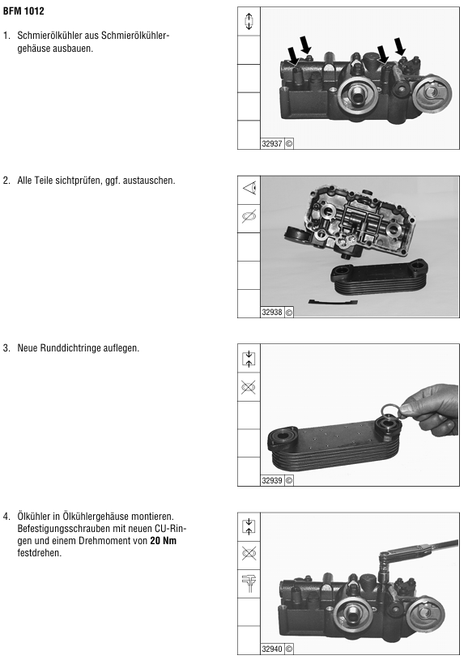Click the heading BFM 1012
point(23,11)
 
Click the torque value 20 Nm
point(163,541)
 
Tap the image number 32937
point(272,143)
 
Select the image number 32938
point(272,312)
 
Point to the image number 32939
point(272,480)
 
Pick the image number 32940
point(272,649)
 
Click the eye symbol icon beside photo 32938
point(249,188)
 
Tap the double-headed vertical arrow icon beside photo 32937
point(249,21)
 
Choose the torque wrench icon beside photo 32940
point(249,583)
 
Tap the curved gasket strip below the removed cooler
point(333,302)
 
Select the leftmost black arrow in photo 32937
point(293,57)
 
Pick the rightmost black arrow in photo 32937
point(400,46)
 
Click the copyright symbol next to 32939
point(289,481)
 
